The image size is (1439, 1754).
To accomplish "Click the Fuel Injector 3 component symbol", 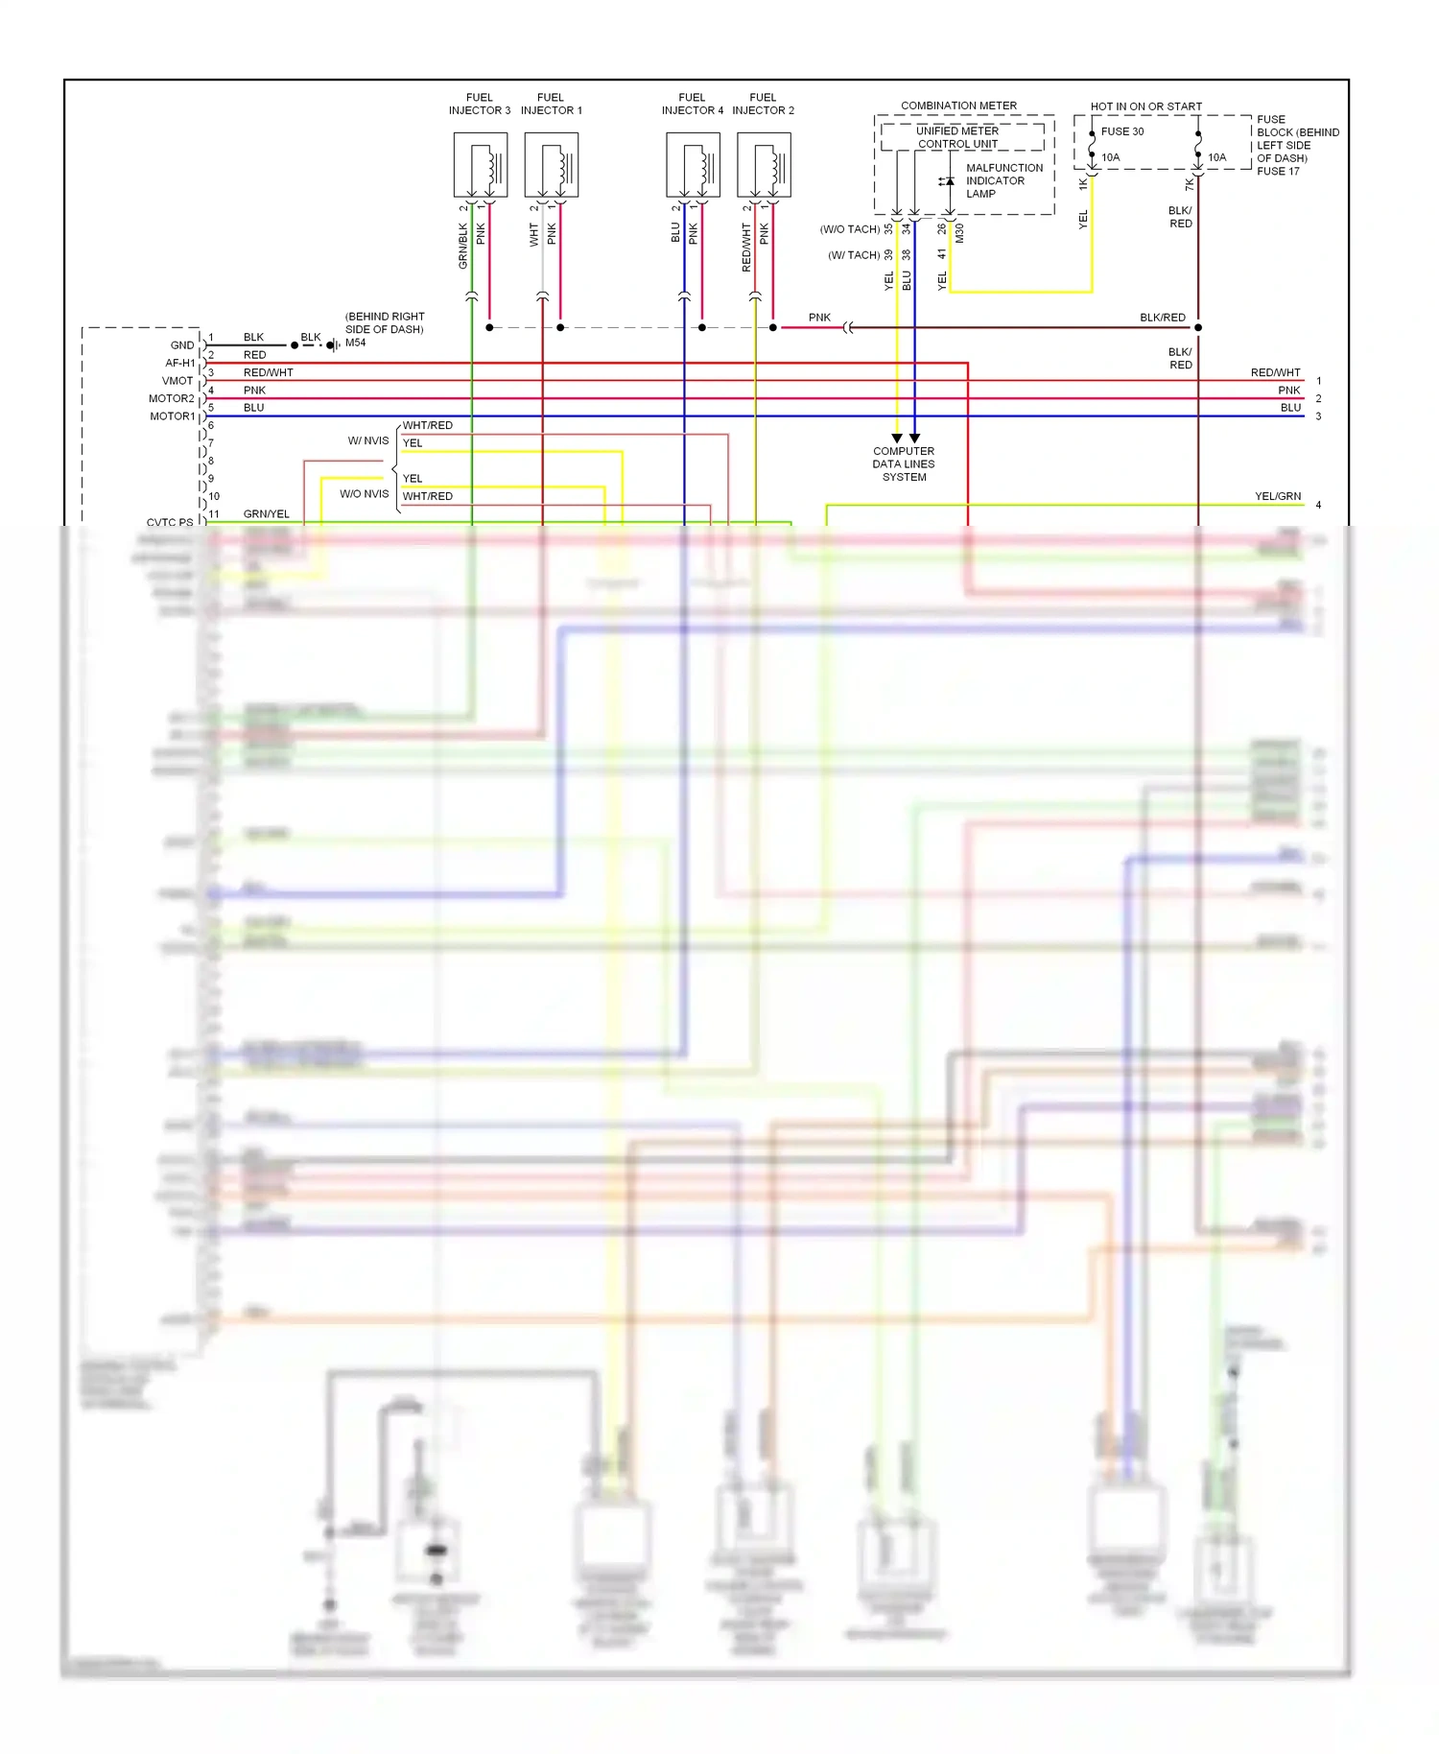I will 480,165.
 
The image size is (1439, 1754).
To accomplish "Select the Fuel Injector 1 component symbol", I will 551,165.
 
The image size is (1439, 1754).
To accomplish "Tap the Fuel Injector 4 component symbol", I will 693,165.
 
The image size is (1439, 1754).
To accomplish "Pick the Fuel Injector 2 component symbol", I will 764,165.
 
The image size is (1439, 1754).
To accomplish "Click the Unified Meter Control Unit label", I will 957,137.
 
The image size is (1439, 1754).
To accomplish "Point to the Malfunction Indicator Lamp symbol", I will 947,181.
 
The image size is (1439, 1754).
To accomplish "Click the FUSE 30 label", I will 1121,131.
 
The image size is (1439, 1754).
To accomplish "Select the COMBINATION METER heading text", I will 958,106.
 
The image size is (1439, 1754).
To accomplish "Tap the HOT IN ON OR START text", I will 1145,107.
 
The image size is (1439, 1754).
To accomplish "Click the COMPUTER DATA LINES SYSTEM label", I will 903,463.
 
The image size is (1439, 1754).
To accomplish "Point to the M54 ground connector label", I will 355,343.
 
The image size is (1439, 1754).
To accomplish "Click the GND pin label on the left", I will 182,345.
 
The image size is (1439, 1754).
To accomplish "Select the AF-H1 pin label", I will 179,363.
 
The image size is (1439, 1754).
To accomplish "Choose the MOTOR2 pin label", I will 171,398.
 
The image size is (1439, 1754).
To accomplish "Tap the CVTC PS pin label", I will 169,522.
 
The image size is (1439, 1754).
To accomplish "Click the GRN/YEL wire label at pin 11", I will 266,513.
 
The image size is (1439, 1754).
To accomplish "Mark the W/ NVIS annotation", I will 368,440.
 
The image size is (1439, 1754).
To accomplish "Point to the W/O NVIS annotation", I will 364,494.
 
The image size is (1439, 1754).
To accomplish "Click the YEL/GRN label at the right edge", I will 1277,496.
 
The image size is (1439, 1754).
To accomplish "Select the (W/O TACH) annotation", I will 849,229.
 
